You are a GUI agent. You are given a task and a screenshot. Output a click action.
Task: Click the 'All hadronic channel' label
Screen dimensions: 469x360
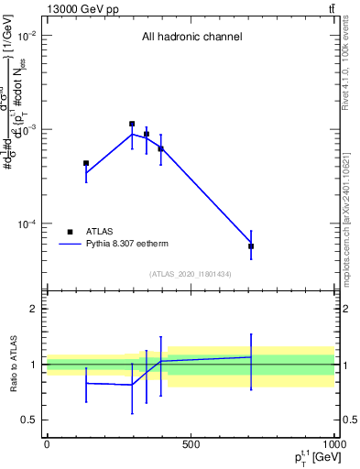[x=191, y=38]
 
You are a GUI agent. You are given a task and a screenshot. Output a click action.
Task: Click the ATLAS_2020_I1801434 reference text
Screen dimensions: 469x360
[x=191, y=274]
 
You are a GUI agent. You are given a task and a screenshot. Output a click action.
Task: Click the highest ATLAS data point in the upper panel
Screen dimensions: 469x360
[x=132, y=124]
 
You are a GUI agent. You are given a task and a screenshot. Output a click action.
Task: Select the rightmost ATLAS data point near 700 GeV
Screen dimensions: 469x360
[x=251, y=246]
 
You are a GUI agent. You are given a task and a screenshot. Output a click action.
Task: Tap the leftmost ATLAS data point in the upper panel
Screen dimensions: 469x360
[x=86, y=163]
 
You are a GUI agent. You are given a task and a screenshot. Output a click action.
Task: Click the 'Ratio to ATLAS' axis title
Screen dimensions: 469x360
[x=12, y=364]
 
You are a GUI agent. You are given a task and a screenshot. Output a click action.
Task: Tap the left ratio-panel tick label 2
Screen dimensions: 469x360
[x=33, y=309]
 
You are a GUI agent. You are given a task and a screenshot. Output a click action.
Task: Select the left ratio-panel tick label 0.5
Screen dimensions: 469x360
[x=29, y=420]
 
